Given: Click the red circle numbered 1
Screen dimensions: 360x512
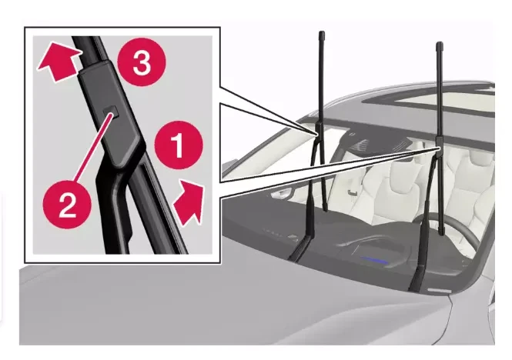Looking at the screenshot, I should point(177,144).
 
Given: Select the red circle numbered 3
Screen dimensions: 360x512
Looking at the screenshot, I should point(140,65).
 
